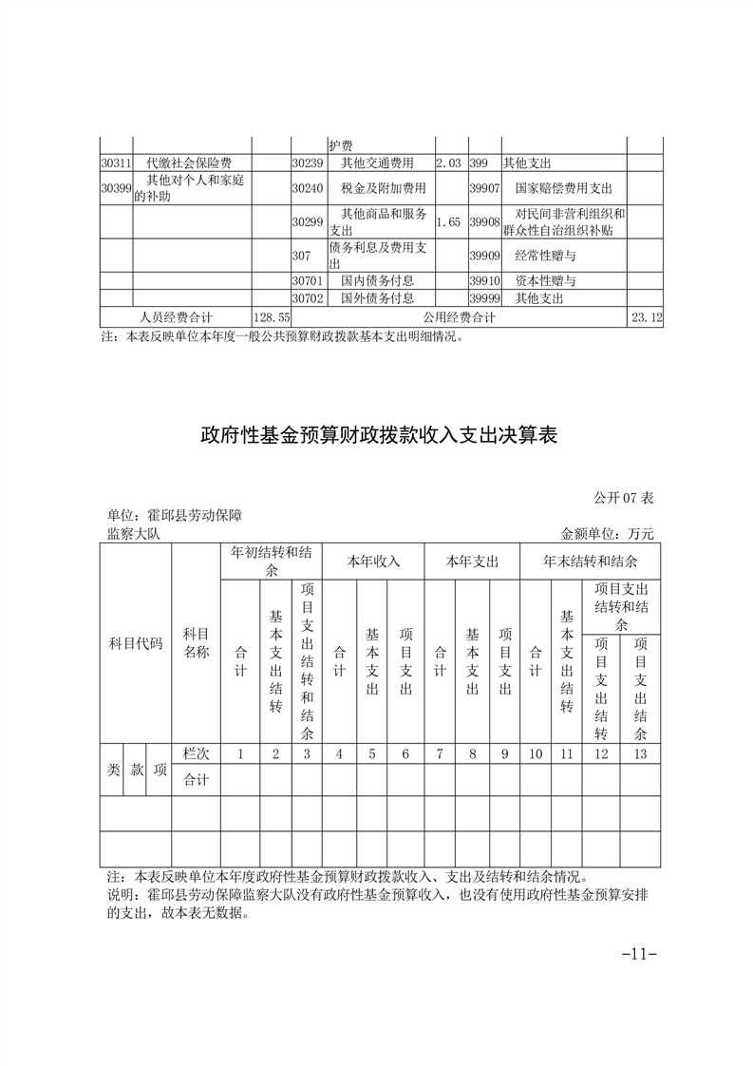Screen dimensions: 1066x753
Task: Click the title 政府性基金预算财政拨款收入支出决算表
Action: [x=377, y=436]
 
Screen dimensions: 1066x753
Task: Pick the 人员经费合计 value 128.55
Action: [x=271, y=317]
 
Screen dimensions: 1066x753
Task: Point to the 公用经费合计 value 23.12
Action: [x=645, y=317]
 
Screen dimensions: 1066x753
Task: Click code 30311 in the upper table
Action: [x=116, y=163]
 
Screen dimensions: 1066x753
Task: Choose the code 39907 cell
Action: [x=484, y=187]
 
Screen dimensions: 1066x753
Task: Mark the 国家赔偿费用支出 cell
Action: [x=563, y=187]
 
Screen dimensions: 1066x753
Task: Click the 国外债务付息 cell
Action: [x=377, y=298]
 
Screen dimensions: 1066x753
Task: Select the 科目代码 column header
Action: [x=135, y=643]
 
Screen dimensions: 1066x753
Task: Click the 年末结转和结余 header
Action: [x=590, y=562]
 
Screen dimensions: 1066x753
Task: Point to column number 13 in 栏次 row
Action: [x=640, y=753]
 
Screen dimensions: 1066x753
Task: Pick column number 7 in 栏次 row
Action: [x=440, y=753]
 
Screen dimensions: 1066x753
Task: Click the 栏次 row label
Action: [x=196, y=753]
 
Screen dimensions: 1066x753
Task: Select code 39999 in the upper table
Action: [x=484, y=298]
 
